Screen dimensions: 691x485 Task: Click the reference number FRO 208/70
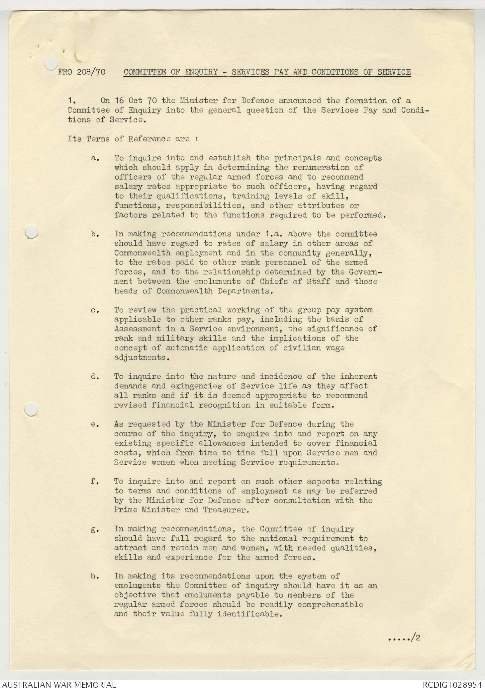[x=81, y=72]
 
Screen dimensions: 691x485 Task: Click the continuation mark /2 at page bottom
[x=415, y=638]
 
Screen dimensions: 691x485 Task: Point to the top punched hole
[x=50, y=63]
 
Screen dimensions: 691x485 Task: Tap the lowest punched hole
[x=31, y=409]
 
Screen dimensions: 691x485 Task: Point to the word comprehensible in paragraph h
[x=330, y=605]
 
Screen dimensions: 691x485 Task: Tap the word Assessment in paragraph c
[x=138, y=329]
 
